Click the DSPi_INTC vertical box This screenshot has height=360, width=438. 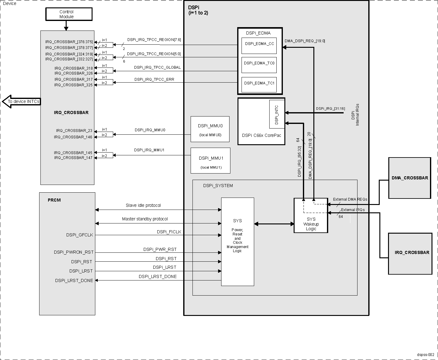pos(277,114)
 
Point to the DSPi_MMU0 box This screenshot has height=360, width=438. pos(210,129)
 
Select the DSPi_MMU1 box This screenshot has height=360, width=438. pos(210,161)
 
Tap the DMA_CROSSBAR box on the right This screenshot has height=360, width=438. pos(410,178)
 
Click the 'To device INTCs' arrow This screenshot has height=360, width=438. pos(22,101)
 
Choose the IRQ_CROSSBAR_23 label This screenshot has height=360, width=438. pos(74,131)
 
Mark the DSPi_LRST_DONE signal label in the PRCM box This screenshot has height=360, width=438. pos(74,280)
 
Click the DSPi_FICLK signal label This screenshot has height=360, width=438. pos(169,232)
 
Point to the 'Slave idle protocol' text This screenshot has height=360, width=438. pos(143,205)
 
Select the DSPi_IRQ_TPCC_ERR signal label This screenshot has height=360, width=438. pos(154,80)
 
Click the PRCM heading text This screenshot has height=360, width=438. pos(54,200)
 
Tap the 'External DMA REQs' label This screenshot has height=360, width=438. pos(350,199)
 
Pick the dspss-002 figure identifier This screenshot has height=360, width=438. pos(427,355)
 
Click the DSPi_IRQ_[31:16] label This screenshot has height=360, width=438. pos(330,108)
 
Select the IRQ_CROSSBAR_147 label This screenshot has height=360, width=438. pos(73,158)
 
